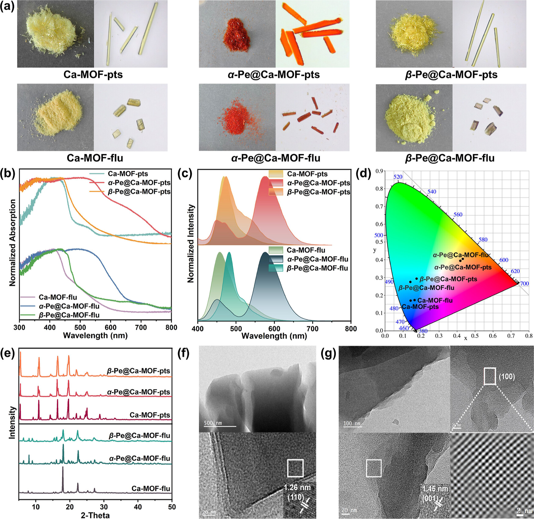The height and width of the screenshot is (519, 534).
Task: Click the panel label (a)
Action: (x=7, y=6)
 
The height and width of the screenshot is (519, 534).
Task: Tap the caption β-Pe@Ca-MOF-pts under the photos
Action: (x=451, y=75)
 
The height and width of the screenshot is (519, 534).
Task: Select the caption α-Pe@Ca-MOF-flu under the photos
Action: (x=276, y=158)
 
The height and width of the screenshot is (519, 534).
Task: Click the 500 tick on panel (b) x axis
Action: (x=80, y=328)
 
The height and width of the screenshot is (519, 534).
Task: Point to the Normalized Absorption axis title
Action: (x=13, y=243)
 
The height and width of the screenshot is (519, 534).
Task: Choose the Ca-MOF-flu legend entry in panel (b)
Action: (x=58, y=297)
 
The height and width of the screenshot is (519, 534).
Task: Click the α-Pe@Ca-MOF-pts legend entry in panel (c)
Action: (x=318, y=183)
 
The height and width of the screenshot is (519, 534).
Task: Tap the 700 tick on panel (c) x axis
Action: (x=312, y=329)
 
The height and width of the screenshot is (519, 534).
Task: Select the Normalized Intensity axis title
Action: (x=191, y=243)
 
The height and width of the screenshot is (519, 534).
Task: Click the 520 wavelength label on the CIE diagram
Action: (x=398, y=177)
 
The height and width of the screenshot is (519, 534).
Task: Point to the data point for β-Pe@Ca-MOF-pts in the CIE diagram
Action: (x=417, y=278)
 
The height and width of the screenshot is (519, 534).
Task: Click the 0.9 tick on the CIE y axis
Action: (x=379, y=171)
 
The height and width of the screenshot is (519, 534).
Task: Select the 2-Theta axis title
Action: (x=95, y=515)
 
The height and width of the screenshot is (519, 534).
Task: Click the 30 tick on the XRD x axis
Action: (x=104, y=507)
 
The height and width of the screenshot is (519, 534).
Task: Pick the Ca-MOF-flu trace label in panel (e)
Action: (x=150, y=488)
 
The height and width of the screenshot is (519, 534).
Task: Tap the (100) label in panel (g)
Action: (x=507, y=377)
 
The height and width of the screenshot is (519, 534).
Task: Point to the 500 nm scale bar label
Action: (x=213, y=423)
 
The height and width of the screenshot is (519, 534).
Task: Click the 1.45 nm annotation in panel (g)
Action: (x=435, y=489)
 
